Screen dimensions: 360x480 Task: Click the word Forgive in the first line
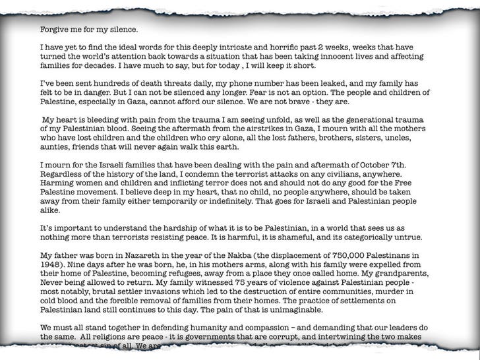pyautogui.click(x=55, y=30)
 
